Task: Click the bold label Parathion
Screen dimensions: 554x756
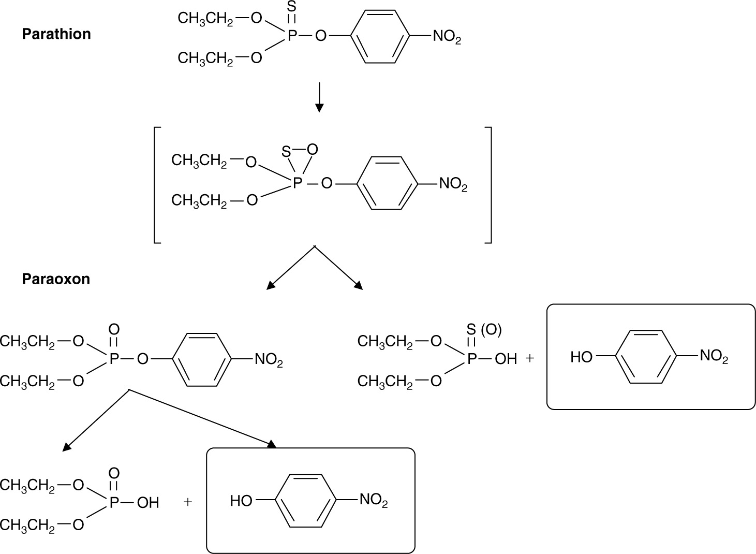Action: (56, 34)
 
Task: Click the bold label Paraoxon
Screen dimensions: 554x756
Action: (56, 279)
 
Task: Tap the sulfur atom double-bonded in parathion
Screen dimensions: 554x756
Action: (292, 7)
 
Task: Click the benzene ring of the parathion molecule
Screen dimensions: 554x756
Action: (380, 37)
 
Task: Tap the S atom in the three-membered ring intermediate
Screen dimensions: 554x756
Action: (286, 152)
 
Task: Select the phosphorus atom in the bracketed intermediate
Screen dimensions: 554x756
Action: (297, 184)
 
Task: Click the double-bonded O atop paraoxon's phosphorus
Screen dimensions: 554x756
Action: (114, 329)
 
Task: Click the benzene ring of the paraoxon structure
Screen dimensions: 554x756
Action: (202, 359)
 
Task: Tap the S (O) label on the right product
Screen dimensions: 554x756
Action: (484, 330)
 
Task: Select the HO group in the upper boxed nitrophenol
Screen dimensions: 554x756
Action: (581, 357)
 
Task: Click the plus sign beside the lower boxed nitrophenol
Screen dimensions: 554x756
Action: (188, 502)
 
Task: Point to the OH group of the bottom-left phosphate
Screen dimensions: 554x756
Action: (148, 503)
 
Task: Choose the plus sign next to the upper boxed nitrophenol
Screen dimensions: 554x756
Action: (529, 358)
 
